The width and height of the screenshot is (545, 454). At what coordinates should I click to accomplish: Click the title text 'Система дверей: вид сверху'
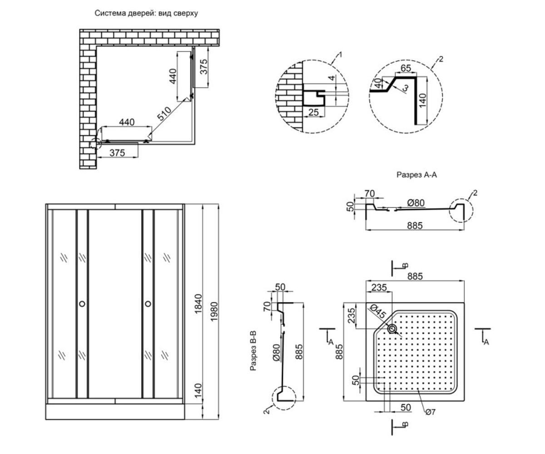146,13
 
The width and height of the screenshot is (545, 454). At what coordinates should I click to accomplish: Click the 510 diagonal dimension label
164,113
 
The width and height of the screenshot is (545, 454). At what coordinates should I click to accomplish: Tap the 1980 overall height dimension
214,311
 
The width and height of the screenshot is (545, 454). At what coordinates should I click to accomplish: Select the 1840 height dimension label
198,304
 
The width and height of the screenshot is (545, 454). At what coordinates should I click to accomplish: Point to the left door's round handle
82,304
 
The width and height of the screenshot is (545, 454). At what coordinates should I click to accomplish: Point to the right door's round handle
148,304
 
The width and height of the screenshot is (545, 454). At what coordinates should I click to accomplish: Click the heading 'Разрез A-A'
416,174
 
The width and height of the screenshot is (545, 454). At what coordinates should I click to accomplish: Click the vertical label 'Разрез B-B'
253,350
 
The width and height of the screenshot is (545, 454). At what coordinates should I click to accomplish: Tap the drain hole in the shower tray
392,329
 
